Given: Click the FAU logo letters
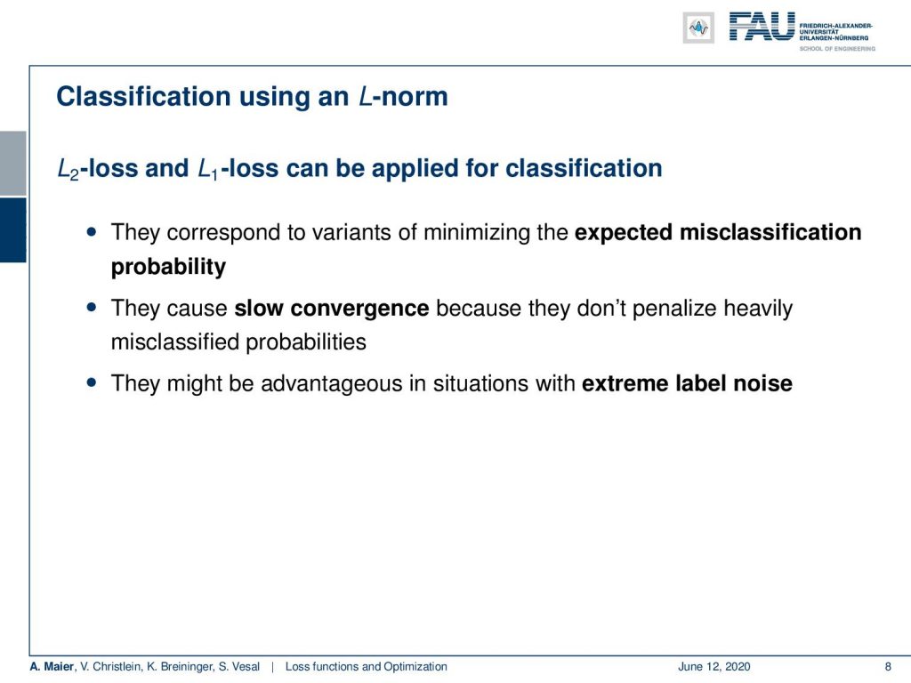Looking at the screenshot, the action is pyautogui.click(x=762, y=27).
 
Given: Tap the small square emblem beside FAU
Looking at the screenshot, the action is pyautogui.click(x=698, y=28).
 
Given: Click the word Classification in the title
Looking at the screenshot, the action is pyautogui.click(x=143, y=96).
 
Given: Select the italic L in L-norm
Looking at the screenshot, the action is pyautogui.click(x=365, y=96).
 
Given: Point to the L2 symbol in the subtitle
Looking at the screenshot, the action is pyautogui.click(x=68, y=169).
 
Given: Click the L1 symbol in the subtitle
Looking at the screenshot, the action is pyautogui.click(x=208, y=169).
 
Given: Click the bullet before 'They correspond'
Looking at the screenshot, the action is pyautogui.click(x=92, y=232).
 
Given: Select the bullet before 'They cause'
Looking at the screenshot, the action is pyautogui.click(x=92, y=307).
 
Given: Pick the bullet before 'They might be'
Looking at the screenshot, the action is pyautogui.click(x=92, y=382).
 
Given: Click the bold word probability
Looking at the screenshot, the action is pyautogui.click(x=168, y=267).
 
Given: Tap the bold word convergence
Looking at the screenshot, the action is pyautogui.click(x=359, y=308).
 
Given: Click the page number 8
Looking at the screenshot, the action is pyautogui.click(x=888, y=667).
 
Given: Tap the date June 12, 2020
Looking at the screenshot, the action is pyautogui.click(x=714, y=667).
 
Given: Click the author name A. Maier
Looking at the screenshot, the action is pyautogui.click(x=52, y=667).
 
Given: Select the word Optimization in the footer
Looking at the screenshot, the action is pyautogui.click(x=415, y=667).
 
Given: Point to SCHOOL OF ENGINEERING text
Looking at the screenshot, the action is pyautogui.click(x=837, y=49).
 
